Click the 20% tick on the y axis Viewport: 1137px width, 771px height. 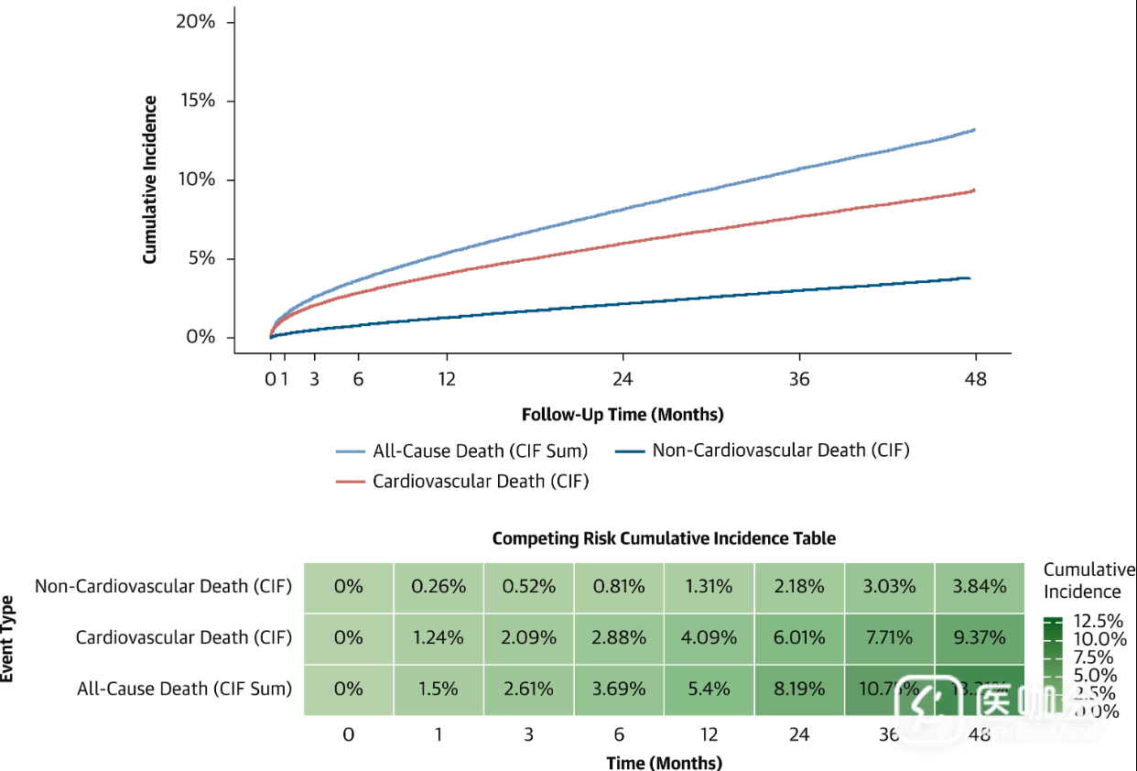pyautogui.click(x=196, y=21)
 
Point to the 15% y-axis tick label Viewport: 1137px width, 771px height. pyautogui.click(x=196, y=100)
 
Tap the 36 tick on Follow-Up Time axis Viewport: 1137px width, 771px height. pyautogui.click(x=799, y=379)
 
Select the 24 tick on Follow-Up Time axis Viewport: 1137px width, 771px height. pyautogui.click(x=623, y=379)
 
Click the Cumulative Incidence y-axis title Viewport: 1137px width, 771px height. pyautogui.click(x=150, y=179)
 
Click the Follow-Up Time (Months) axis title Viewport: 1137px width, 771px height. pyautogui.click(x=623, y=415)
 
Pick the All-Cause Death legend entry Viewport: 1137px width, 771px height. pyautogui.click(x=462, y=451)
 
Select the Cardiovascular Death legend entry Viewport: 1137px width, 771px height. pyautogui.click(x=463, y=481)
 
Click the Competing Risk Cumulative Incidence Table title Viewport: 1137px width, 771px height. pyautogui.click(x=664, y=538)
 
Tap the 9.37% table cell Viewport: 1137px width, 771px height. pyautogui.click(x=980, y=637)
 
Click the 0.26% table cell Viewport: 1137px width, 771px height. pyautogui.click(x=439, y=586)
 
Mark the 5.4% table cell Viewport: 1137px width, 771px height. pyautogui.click(x=709, y=689)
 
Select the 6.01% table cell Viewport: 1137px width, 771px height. pyautogui.click(x=799, y=637)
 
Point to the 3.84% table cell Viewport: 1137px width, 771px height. pyautogui.click(x=980, y=586)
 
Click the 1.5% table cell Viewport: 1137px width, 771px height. pyautogui.click(x=439, y=689)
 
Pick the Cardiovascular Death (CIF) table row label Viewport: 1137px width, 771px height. pyautogui.click(x=184, y=637)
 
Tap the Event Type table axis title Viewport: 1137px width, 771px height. pyautogui.click(x=7, y=637)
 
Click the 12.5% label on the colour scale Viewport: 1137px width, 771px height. pyautogui.click(x=1098, y=621)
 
